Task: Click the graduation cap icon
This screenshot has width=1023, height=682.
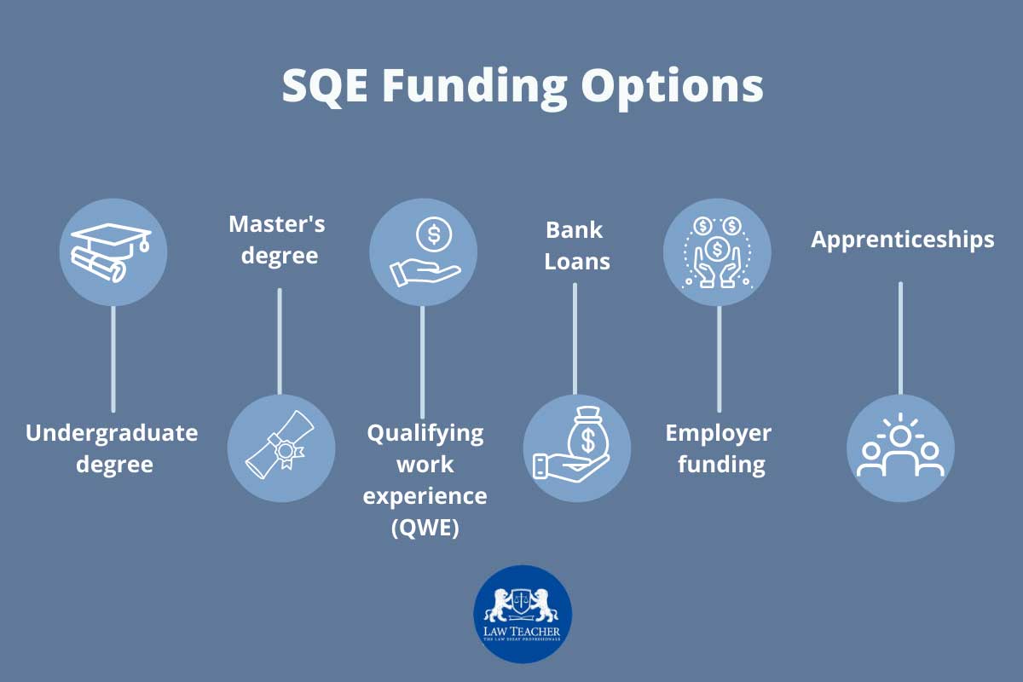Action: (x=113, y=252)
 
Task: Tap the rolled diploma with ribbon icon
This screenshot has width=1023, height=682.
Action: (x=280, y=448)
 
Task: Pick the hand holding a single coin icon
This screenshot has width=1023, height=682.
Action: (x=423, y=252)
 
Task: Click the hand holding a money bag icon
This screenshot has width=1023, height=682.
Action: (x=576, y=448)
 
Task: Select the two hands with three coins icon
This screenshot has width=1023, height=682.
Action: (x=717, y=252)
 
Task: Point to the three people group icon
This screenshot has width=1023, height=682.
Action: (x=900, y=448)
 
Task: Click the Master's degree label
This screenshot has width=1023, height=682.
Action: (x=277, y=240)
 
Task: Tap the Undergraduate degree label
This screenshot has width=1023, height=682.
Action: (x=112, y=448)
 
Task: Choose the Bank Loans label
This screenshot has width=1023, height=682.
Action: (x=576, y=245)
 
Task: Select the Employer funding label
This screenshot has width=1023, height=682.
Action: (x=718, y=448)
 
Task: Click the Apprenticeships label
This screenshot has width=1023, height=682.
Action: (x=902, y=240)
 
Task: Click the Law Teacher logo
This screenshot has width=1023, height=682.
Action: (x=523, y=614)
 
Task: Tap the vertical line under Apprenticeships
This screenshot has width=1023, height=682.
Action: (x=900, y=338)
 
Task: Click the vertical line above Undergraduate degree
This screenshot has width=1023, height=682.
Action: (x=113, y=358)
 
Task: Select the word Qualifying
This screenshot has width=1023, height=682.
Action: (x=425, y=432)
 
